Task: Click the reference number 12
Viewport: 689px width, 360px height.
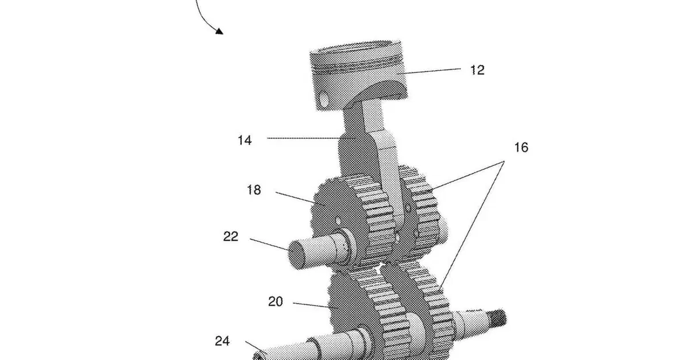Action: (x=477, y=70)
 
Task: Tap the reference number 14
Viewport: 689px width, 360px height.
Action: (x=245, y=140)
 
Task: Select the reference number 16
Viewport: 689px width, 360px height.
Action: (x=521, y=148)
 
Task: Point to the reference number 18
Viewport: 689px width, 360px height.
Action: (x=254, y=190)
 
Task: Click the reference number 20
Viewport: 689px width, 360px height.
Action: (x=275, y=301)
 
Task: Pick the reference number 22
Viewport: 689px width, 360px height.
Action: (x=231, y=237)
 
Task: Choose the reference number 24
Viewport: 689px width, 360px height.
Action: (x=222, y=341)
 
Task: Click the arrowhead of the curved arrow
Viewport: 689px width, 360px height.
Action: (x=219, y=31)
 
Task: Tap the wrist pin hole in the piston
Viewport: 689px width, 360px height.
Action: (x=324, y=100)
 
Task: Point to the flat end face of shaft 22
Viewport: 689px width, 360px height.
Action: (x=296, y=255)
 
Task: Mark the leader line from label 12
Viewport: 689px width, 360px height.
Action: (x=429, y=71)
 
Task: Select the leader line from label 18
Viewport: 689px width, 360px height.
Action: (x=300, y=198)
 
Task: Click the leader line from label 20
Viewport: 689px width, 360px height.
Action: (x=316, y=305)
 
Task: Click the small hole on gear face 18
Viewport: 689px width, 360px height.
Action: (x=338, y=221)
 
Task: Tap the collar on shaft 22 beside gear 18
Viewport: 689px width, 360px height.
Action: (x=347, y=246)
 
